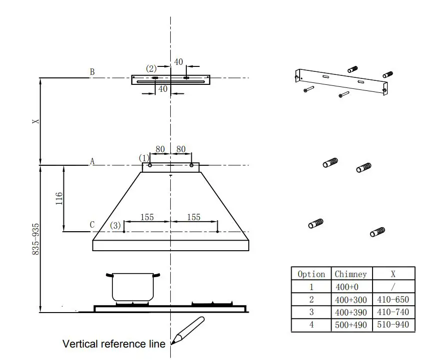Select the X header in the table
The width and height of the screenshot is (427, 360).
tap(393, 274)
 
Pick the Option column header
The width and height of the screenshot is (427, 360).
tap(311, 274)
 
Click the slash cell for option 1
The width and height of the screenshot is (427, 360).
tap(393, 287)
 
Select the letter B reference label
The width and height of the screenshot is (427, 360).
tap(92, 72)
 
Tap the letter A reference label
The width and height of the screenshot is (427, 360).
tap(92, 161)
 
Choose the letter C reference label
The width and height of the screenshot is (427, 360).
tap(92, 225)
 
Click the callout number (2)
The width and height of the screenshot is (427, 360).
tap(151, 68)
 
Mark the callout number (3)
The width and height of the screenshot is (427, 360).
tap(115, 226)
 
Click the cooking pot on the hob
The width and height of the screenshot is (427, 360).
tap(132, 287)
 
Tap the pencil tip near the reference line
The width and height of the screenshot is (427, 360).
tap(173, 343)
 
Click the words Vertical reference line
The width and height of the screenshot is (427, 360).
tap(114, 344)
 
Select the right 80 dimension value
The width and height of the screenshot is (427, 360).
tap(181, 149)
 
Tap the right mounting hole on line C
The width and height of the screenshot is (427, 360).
tap(218, 231)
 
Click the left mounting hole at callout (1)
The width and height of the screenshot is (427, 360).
tap(150, 165)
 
